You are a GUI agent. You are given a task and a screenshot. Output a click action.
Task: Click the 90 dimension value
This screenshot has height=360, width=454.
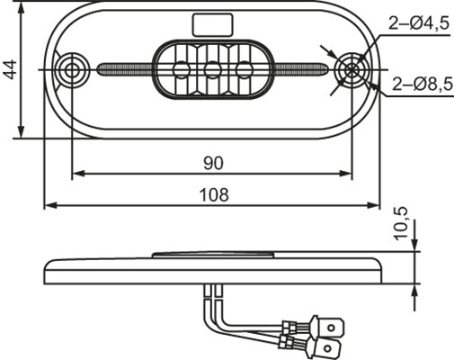(213, 162)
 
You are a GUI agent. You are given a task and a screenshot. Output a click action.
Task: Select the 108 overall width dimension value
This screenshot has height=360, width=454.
(213, 193)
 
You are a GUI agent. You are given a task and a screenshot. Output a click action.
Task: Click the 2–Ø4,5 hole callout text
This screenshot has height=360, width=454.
(419, 25)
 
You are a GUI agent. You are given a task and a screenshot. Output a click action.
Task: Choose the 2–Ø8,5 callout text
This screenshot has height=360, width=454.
(422, 85)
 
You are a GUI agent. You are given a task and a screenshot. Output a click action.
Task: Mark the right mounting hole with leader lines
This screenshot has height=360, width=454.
(351, 69)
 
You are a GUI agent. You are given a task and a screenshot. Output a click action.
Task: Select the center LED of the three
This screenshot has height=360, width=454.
(213, 69)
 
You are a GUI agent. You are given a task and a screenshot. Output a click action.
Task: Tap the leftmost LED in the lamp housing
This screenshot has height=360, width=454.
(182, 69)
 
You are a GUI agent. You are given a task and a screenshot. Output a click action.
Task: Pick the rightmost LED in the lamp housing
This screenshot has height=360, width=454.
(244, 69)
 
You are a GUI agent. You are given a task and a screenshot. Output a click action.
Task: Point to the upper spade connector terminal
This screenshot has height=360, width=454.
(328, 321)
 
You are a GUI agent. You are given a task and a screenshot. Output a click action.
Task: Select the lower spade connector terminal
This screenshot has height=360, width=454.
(329, 346)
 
